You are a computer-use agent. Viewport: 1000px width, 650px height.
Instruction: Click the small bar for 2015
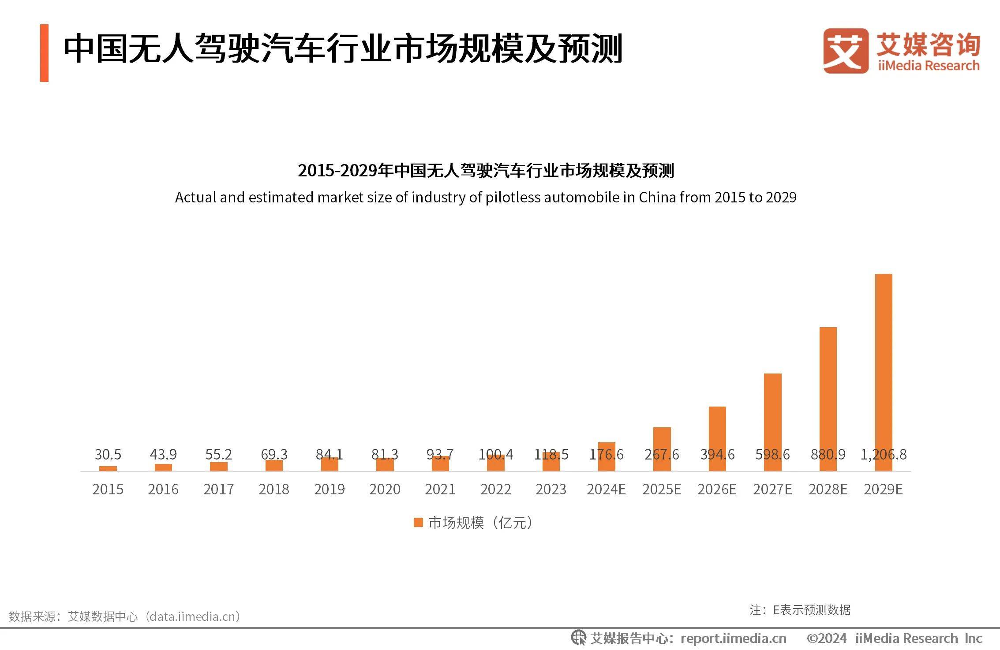click(108, 468)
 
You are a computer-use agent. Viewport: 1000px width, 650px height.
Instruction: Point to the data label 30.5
click(108, 454)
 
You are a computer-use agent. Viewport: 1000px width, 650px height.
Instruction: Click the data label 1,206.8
click(884, 454)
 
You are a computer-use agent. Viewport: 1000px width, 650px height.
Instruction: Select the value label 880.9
click(828, 454)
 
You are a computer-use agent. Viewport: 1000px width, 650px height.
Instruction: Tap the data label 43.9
click(163, 454)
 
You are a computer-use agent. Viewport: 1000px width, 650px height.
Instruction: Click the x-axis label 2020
click(385, 489)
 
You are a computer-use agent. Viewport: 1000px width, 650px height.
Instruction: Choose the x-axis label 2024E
click(606, 489)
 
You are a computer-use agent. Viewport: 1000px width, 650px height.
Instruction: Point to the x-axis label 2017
click(219, 489)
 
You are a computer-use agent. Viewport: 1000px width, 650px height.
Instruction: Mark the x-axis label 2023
click(551, 489)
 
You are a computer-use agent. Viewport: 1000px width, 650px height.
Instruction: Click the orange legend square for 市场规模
click(418, 523)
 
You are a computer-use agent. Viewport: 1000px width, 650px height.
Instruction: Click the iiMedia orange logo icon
click(845, 51)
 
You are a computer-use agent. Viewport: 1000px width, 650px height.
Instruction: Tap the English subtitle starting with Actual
click(486, 197)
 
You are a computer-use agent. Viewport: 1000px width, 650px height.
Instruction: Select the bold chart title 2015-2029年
click(486, 171)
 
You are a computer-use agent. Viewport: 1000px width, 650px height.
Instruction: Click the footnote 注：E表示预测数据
click(800, 610)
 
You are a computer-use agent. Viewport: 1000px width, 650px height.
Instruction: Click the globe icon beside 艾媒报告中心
click(578, 638)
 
